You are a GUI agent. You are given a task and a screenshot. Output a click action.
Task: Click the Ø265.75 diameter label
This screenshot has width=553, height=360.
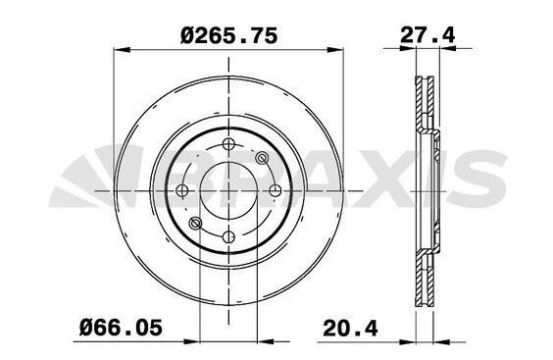click(228, 36)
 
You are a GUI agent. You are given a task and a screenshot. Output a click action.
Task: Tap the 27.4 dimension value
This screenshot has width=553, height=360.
click(427, 35)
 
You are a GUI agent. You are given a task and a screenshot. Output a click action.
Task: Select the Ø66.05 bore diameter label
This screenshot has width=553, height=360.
click(122, 328)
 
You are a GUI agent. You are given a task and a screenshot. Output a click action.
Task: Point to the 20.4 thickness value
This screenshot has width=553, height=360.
click(350, 328)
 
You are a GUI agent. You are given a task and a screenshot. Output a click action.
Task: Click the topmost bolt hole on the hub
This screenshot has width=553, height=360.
click(228, 143)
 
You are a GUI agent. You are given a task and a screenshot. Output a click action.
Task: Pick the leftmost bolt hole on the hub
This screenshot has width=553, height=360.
click(182, 190)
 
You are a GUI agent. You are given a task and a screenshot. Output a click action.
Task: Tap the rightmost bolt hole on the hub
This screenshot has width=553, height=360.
click(276, 190)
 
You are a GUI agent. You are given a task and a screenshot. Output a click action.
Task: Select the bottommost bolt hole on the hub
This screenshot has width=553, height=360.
click(228, 236)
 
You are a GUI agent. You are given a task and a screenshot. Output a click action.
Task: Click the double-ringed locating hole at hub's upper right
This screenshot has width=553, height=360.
click(262, 158)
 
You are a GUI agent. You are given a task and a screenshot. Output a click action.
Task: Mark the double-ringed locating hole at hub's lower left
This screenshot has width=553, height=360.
click(196, 223)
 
